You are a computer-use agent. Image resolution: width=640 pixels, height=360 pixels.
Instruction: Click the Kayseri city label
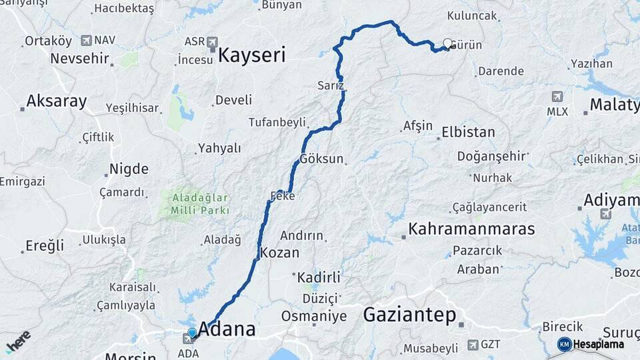tap(252, 54)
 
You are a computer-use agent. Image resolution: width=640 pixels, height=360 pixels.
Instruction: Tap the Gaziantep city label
tap(409, 315)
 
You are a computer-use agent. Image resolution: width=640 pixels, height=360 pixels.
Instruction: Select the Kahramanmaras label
tap(471, 229)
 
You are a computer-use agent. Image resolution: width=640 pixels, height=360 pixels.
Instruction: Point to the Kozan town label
tap(279, 253)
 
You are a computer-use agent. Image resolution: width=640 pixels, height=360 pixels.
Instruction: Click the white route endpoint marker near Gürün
tap(447, 43)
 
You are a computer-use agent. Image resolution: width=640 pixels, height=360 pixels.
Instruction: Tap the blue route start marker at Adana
tap(192, 332)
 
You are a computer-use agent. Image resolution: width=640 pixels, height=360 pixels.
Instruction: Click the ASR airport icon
tap(212, 41)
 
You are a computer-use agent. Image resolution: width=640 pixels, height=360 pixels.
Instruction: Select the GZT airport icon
tap(473, 345)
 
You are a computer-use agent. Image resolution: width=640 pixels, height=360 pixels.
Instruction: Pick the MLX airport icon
tap(557, 97)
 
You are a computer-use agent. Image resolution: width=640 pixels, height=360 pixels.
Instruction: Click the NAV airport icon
tap(86, 40)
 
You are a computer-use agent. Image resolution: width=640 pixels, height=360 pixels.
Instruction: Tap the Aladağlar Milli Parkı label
tap(200, 204)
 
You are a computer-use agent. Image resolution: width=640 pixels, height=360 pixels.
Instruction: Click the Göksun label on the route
tap(321, 159)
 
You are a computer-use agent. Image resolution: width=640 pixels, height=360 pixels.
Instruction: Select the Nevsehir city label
tap(79, 59)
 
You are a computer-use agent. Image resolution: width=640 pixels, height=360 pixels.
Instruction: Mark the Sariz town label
tap(331, 86)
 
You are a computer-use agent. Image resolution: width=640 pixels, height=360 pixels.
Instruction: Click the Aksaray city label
tap(56, 102)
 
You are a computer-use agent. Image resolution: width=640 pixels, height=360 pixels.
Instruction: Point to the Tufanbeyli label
tap(277, 122)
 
